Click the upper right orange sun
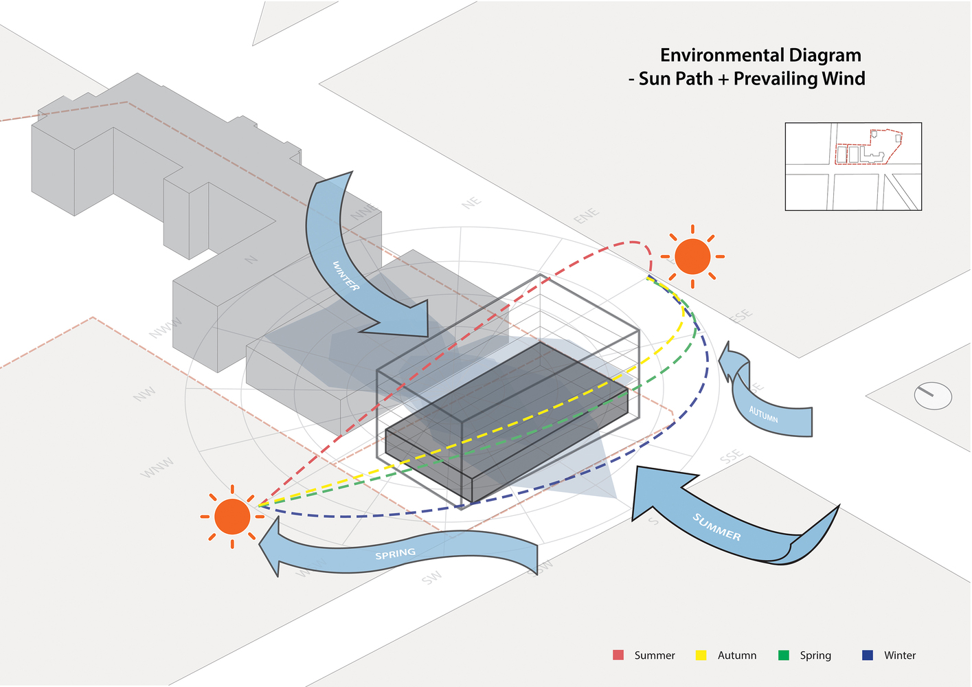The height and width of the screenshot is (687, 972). tap(692, 256)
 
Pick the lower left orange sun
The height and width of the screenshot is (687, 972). tap(232, 517)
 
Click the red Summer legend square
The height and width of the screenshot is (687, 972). tap(618, 655)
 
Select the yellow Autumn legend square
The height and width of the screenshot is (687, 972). tap(701, 655)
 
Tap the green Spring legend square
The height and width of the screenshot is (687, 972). tap(784, 655)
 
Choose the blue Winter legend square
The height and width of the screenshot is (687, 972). tap(868, 655)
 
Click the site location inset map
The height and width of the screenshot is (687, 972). tap(853, 166)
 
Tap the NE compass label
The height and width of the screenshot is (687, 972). tap(471, 203)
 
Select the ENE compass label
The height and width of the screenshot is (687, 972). tap(586, 216)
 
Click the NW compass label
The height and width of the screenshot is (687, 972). tap(145, 394)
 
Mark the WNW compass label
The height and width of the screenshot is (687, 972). tap(157, 469)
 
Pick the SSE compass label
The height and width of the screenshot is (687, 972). tap(732, 456)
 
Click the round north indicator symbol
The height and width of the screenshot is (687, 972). tap(933, 396)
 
